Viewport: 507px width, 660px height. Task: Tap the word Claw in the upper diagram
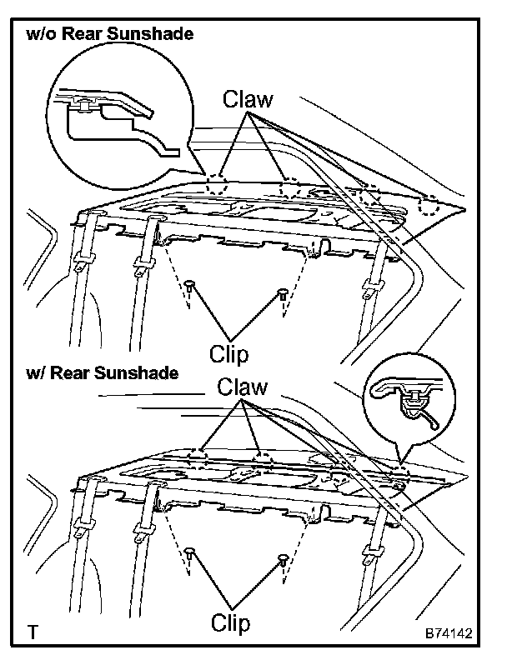point(247,100)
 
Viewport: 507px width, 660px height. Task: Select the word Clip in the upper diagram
point(229,354)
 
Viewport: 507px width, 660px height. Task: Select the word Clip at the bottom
point(229,622)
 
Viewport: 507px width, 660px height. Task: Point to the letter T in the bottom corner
point(33,633)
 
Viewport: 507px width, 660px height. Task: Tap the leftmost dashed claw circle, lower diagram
point(197,456)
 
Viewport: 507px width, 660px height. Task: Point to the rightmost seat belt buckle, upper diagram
point(369,289)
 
